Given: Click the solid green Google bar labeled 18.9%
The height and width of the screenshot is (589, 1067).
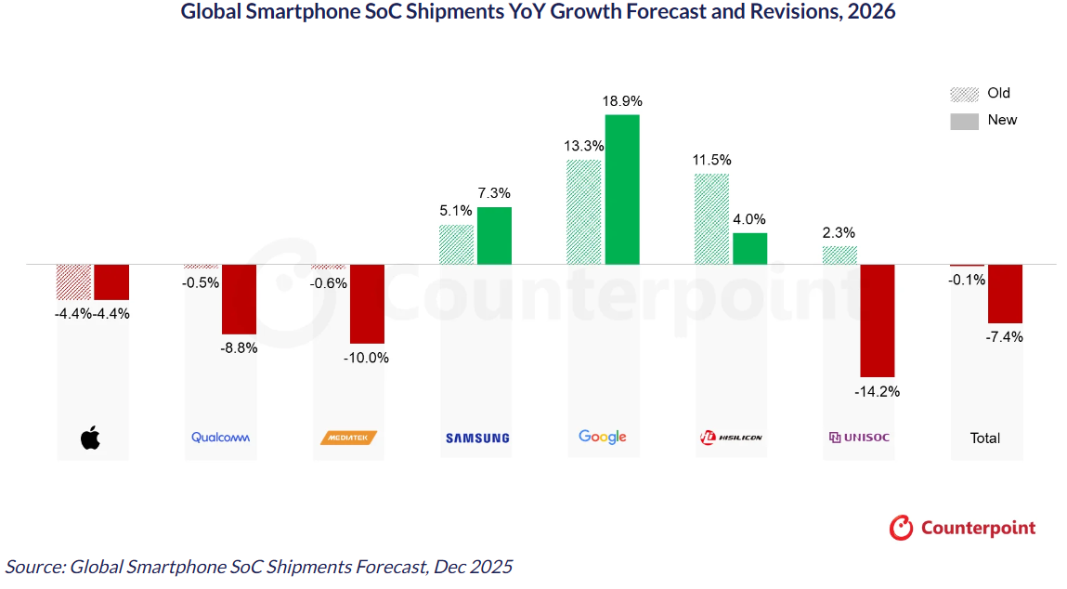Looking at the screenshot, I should point(622,190).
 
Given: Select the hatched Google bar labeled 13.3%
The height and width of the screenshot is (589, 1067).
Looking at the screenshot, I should point(584,212).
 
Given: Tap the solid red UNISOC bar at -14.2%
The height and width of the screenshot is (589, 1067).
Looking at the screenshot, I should point(878,320).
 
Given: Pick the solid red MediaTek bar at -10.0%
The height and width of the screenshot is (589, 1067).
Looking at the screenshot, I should point(367,304).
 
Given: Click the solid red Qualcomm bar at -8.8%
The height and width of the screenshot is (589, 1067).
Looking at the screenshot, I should point(239,299).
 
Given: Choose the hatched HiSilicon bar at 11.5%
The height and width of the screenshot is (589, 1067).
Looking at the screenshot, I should point(712,218).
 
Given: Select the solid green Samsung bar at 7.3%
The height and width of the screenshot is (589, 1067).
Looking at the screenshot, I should point(494,236).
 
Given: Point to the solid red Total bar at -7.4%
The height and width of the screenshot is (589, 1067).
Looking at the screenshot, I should point(1005,294).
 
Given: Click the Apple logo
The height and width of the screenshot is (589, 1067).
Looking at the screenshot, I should point(90,438).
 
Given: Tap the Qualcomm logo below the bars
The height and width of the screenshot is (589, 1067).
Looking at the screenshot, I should point(221,438).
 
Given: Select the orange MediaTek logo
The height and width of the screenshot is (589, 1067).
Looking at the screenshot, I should point(348,438).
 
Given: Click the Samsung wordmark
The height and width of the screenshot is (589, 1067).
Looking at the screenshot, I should point(477,438).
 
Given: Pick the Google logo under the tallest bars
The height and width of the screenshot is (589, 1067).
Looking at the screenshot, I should point(603,437).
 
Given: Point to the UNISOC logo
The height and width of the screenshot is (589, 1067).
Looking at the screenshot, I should point(859,438).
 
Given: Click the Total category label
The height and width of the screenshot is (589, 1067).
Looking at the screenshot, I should point(985,438).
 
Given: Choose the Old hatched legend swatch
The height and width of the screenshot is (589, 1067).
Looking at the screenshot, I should point(965,95).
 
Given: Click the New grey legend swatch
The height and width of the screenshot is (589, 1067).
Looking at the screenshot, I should point(965,121).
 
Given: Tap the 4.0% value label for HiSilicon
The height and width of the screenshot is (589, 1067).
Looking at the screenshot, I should point(749,220).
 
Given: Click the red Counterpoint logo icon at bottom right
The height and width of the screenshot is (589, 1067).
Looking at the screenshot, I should point(901,528).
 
